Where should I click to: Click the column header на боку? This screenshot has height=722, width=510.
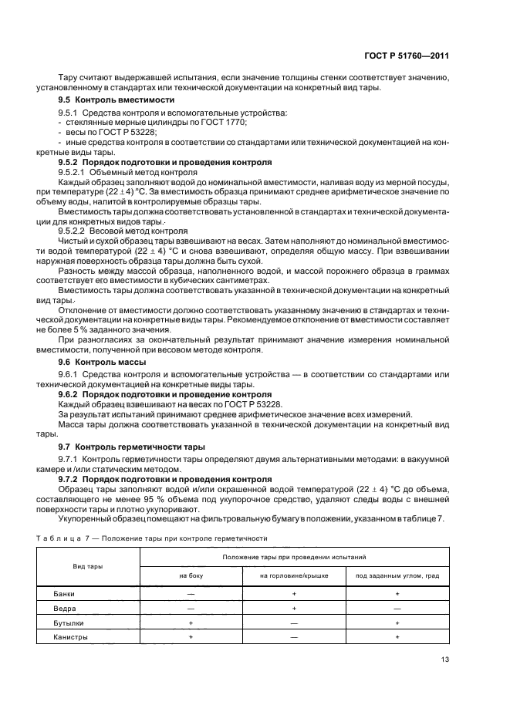click(x=190, y=575)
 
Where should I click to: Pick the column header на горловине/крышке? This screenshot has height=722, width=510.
click(x=294, y=575)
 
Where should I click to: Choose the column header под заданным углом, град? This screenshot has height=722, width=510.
click(x=397, y=575)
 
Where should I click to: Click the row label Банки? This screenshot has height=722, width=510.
click(x=65, y=595)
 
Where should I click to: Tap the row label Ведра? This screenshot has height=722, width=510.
click(x=64, y=609)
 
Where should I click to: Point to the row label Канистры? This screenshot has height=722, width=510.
click(x=70, y=637)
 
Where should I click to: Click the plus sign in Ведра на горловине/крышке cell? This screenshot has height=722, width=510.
click(x=294, y=609)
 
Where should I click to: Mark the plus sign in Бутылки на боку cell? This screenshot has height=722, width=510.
click(x=190, y=622)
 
